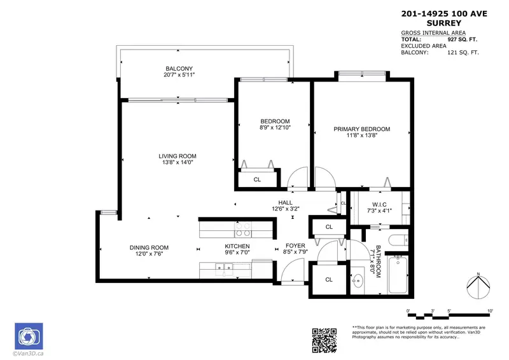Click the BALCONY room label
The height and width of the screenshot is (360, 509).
coord(179,69)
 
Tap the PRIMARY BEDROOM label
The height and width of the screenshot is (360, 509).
coord(362,129)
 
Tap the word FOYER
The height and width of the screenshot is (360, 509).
coord(295,246)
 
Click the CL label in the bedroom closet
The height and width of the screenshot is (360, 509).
coord(257,179)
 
